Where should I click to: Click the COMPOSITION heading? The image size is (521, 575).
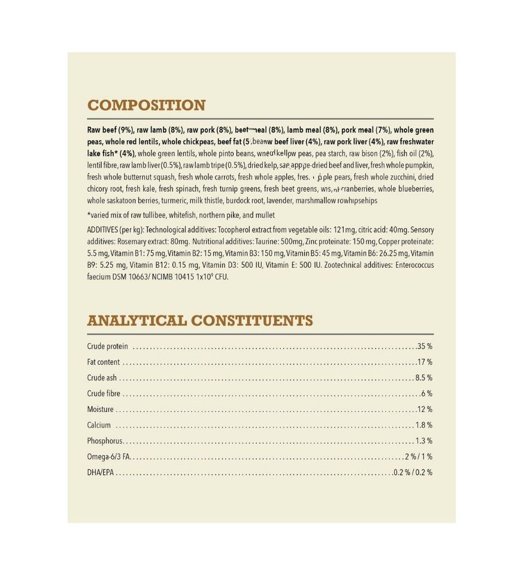[146, 105]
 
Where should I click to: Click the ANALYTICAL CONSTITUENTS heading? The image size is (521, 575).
[200, 320]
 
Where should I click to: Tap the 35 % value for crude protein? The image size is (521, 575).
[425, 347]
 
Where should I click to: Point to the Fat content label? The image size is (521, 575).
[103, 362]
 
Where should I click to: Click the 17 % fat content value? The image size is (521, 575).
[425, 362]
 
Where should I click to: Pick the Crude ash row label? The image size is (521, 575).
[102, 378]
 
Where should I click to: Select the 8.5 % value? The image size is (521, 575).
[423, 378]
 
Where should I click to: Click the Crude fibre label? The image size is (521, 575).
[104, 394]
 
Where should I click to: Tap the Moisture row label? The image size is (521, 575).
[100, 409]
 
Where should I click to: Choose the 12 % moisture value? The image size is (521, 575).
[425, 409]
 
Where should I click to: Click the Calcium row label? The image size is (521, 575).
[99, 425]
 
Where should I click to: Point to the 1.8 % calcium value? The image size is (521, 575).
[423, 425]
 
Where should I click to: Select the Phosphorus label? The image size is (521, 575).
[104, 441]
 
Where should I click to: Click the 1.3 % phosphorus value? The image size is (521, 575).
[423, 441]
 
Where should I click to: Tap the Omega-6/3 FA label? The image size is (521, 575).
[108, 456]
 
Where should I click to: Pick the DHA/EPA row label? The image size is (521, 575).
[101, 473]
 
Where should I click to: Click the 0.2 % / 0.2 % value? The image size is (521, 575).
[413, 473]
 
